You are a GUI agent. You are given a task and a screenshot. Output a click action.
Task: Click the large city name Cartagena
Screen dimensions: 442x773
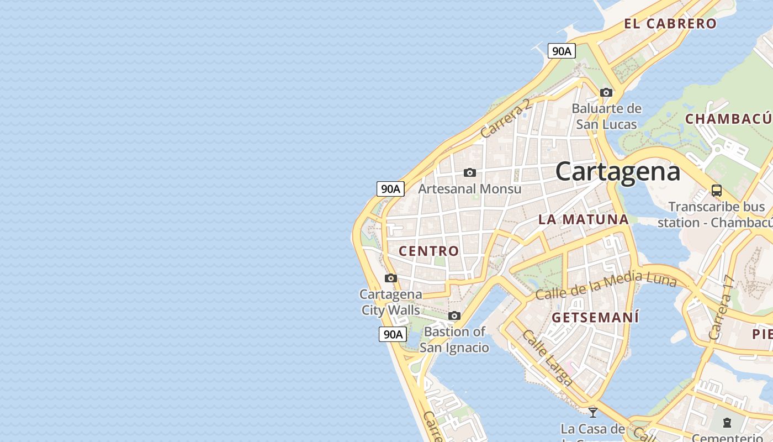(x=617, y=171)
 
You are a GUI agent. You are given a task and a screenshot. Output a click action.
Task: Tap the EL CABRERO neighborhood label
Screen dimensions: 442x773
(x=670, y=24)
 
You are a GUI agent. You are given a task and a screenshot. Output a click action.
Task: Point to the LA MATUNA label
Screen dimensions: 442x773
(x=584, y=219)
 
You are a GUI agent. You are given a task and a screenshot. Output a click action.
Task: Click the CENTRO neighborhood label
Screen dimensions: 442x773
(x=429, y=251)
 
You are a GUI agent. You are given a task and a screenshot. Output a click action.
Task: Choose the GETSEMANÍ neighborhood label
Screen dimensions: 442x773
(x=595, y=318)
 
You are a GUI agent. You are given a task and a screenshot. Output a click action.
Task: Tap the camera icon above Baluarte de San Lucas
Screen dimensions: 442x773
(x=606, y=92)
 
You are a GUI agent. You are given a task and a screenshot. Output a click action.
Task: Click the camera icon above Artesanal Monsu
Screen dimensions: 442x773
(x=470, y=172)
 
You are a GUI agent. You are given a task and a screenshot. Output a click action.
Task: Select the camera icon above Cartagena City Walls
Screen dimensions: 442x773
(x=391, y=278)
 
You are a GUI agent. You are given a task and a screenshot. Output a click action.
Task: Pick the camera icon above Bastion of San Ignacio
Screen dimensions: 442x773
(x=454, y=316)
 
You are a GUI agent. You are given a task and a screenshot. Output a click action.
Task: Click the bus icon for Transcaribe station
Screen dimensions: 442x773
(x=717, y=191)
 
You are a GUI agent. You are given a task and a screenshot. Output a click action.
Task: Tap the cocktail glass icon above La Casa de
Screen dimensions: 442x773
(x=593, y=412)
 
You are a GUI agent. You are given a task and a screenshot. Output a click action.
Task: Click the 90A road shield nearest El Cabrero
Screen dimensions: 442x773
(x=562, y=51)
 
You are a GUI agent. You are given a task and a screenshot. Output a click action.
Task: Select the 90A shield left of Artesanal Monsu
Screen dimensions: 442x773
(x=390, y=189)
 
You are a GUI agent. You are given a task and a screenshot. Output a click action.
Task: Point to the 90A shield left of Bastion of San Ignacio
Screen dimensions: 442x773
(x=393, y=334)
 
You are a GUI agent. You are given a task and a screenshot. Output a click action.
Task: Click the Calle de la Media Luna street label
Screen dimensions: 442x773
(x=606, y=286)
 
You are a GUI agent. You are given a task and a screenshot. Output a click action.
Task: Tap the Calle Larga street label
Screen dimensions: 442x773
(x=547, y=357)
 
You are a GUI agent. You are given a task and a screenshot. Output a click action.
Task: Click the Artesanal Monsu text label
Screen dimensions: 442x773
(x=469, y=189)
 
